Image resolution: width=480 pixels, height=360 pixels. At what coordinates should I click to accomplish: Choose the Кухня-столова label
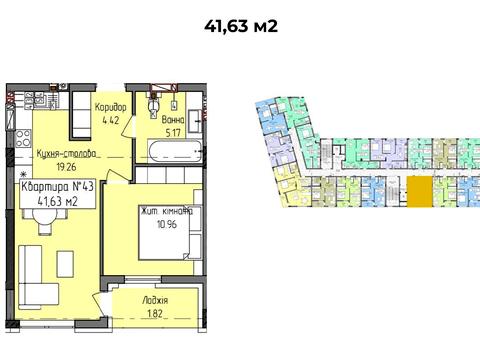[x=66, y=154]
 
